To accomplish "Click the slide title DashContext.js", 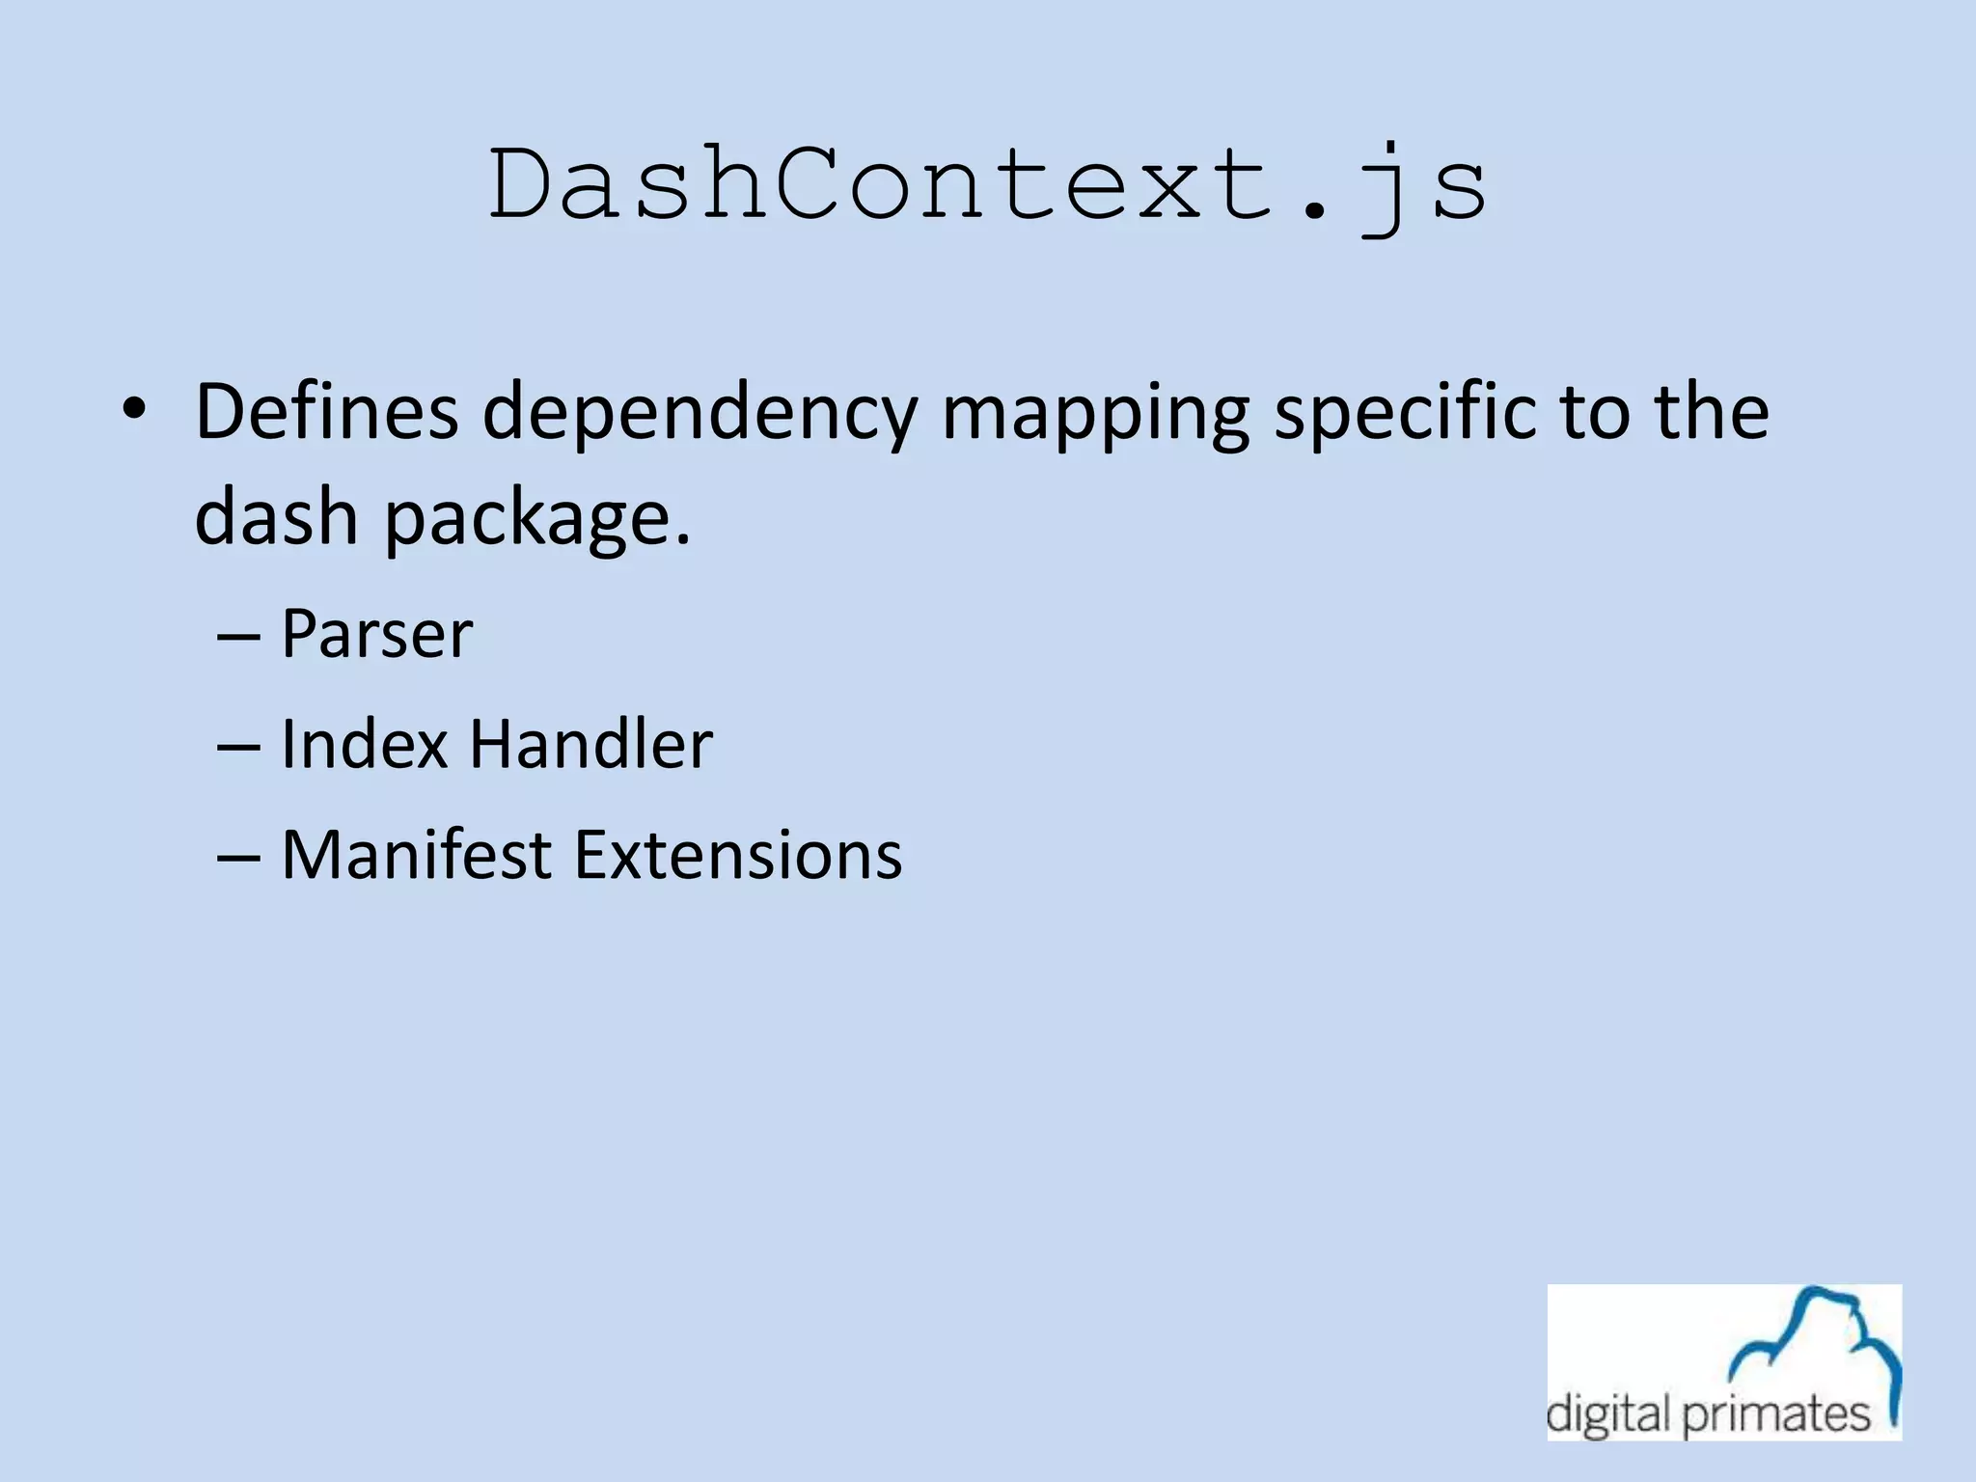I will (x=988, y=185).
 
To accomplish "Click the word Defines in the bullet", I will (x=326, y=412).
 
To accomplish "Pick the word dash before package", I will (x=277, y=516).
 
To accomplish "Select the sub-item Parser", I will (x=376, y=635).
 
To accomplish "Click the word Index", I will (x=365, y=745).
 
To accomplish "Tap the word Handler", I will (x=591, y=745).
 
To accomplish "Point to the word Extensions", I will (x=738, y=856).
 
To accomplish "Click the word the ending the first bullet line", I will (x=1713, y=412).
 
